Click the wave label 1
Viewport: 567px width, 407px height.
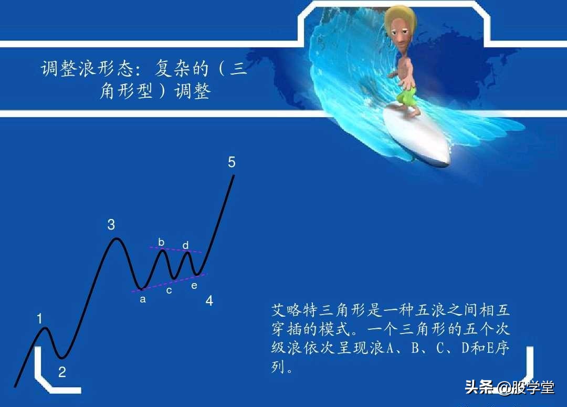[39, 318]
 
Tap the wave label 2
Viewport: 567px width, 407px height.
[62, 372]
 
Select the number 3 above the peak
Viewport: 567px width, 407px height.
[111, 225]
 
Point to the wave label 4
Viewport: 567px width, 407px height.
[209, 301]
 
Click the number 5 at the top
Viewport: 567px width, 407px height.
[232, 162]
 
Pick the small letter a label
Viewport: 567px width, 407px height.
[142, 300]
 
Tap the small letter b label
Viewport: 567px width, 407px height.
[161, 242]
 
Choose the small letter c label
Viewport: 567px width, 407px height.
[169, 290]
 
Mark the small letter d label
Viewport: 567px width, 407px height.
[185, 245]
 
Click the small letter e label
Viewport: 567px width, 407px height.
[194, 286]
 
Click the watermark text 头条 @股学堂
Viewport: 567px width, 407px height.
[509, 388]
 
